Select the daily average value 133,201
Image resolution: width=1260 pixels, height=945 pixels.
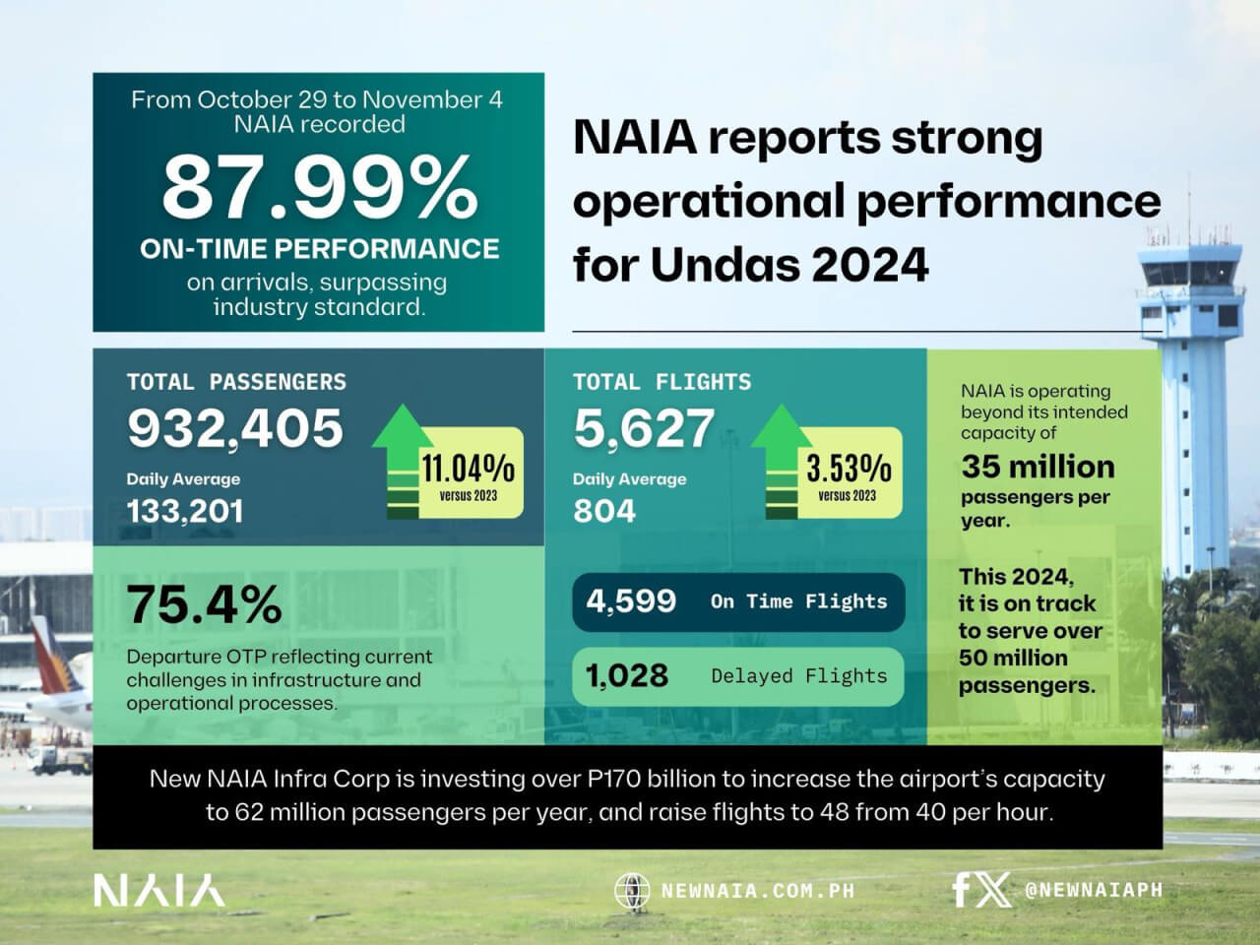pos(184,511)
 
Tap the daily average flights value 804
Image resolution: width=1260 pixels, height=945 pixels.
pos(604,511)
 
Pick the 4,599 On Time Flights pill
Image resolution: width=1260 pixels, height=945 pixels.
pos(737,601)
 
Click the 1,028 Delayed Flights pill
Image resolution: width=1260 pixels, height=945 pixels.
pos(737,676)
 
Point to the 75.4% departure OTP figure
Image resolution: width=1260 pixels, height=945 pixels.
pos(204,604)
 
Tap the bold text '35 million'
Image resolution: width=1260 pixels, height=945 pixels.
pos(1038,467)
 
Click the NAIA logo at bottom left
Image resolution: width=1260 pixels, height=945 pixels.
pos(158,890)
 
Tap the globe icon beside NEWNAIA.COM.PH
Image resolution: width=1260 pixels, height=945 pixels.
pos(632,891)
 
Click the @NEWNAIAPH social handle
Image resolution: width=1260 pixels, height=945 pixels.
pos(1093,890)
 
